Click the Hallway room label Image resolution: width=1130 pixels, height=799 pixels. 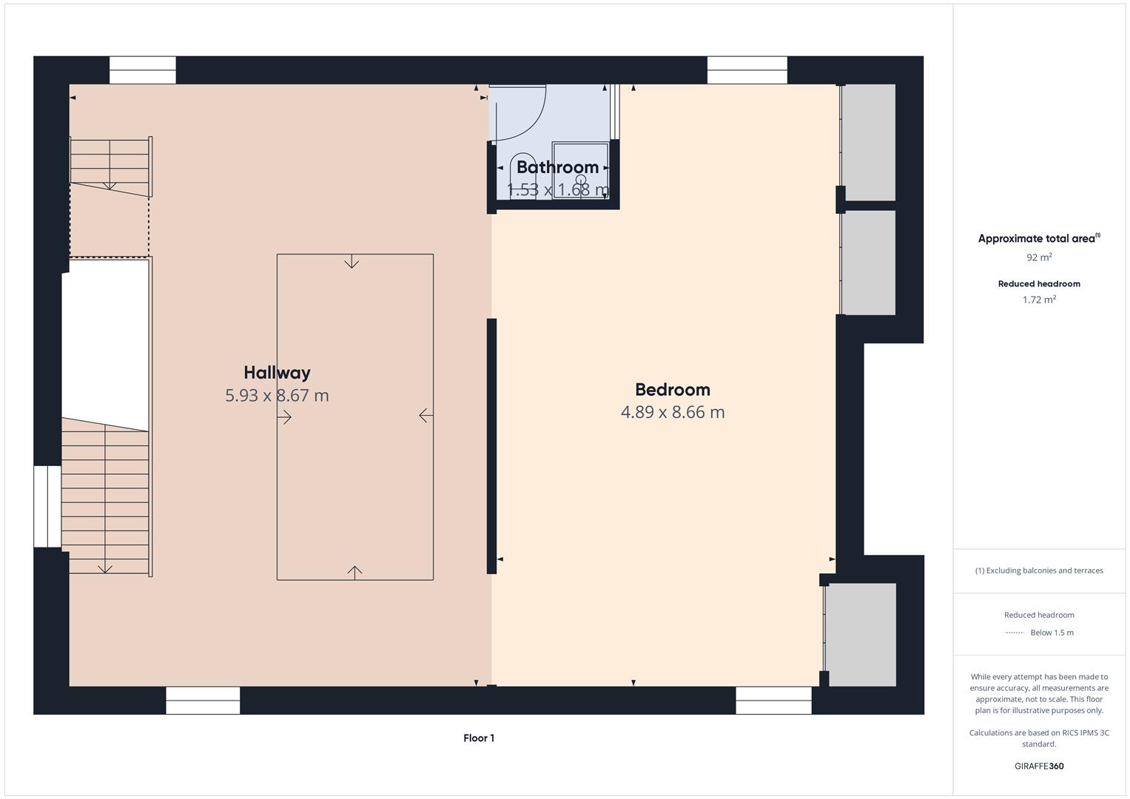(x=277, y=372)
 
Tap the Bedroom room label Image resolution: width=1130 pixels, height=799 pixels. (x=672, y=389)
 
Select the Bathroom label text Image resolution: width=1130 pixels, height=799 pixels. (x=557, y=167)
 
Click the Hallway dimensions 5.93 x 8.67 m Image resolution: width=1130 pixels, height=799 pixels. (x=277, y=395)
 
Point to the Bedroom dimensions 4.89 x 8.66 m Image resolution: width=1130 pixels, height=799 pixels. (x=672, y=412)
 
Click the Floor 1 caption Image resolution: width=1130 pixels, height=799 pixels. (x=479, y=738)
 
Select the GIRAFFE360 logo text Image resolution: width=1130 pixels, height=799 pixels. (x=1039, y=766)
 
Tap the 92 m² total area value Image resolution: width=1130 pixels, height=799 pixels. (x=1039, y=257)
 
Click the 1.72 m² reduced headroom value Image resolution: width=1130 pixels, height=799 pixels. (x=1039, y=300)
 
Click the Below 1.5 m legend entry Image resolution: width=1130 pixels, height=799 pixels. (x=1051, y=633)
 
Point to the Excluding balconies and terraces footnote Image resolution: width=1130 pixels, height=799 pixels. (x=1039, y=570)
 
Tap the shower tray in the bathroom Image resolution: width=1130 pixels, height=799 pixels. (x=581, y=170)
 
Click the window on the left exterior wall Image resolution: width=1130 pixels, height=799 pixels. (x=47, y=506)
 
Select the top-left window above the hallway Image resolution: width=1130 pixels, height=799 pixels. (x=143, y=70)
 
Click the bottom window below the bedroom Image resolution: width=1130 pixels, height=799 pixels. (x=773, y=700)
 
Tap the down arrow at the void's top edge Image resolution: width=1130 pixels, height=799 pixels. (x=352, y=262)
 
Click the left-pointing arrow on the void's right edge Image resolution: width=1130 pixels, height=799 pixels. (x=426, y=416)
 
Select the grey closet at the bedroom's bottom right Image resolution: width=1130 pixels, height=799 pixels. (x=861, y=634)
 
